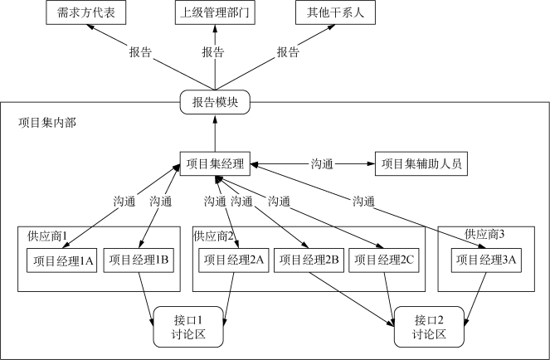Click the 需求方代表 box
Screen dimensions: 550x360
[x=86, y=12]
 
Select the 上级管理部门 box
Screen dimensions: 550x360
[x=215, y=12]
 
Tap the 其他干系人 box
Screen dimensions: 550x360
[x=335, y=12]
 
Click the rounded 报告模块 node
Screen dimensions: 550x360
[x=215, y=102]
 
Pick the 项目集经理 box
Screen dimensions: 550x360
[x=215, y=163]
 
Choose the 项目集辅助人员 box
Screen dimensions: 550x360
[x=421, y=163]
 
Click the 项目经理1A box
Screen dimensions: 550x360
[x=61, y=260]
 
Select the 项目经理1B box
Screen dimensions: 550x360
[x=139, y=260]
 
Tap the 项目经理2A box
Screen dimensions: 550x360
[x=234, y=260]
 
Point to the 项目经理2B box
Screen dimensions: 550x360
[x=309, y=260]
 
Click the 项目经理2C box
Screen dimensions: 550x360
[x=384, y=260]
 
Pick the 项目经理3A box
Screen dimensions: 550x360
[x=486, y=260]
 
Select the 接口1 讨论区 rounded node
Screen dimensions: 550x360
[x=188, y=327]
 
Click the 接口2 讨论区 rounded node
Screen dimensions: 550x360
[x=429, y=327]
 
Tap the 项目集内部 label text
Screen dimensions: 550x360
[x=47, y=123]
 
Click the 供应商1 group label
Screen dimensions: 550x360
[x=47, y=236]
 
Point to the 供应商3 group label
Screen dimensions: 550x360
[x=484, y=234]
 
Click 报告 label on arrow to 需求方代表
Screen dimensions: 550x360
[x=140, y=52]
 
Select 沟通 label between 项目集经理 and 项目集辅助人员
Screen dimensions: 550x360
[x=322, y=164]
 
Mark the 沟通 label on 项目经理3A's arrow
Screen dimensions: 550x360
[x=363, y=202]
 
